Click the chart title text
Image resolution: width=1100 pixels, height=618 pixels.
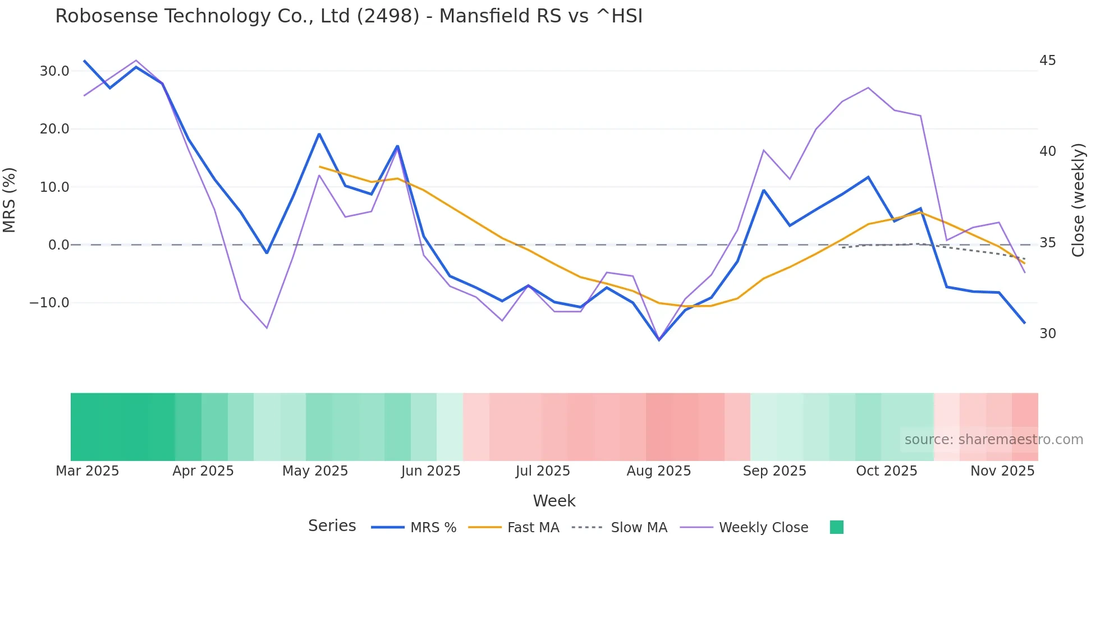point(349,16)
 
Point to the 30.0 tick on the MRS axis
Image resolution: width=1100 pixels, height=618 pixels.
point(54,71)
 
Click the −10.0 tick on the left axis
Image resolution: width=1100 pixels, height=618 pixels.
point(49,303)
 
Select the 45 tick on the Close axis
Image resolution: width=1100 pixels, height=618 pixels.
point(1047,61)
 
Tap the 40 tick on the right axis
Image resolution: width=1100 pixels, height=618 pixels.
point(1047,151)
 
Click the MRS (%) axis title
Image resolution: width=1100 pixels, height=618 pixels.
point(10,200)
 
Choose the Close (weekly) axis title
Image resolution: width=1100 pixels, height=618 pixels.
point(1078,200)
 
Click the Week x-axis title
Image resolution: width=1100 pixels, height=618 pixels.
point(554,501)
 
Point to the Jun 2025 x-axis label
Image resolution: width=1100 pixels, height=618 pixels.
point(430,471)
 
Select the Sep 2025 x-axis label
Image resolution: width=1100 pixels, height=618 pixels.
point(774,471)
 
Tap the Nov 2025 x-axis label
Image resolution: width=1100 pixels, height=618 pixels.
point(1002,471)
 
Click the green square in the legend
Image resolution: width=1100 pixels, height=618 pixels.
point(836,527)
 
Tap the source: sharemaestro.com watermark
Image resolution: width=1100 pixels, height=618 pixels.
point(993,440)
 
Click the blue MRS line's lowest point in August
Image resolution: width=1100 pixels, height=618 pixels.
point(659,340)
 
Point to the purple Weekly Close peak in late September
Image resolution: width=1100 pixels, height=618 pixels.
point(868,87)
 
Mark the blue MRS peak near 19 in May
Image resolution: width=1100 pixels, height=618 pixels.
point(319,134)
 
